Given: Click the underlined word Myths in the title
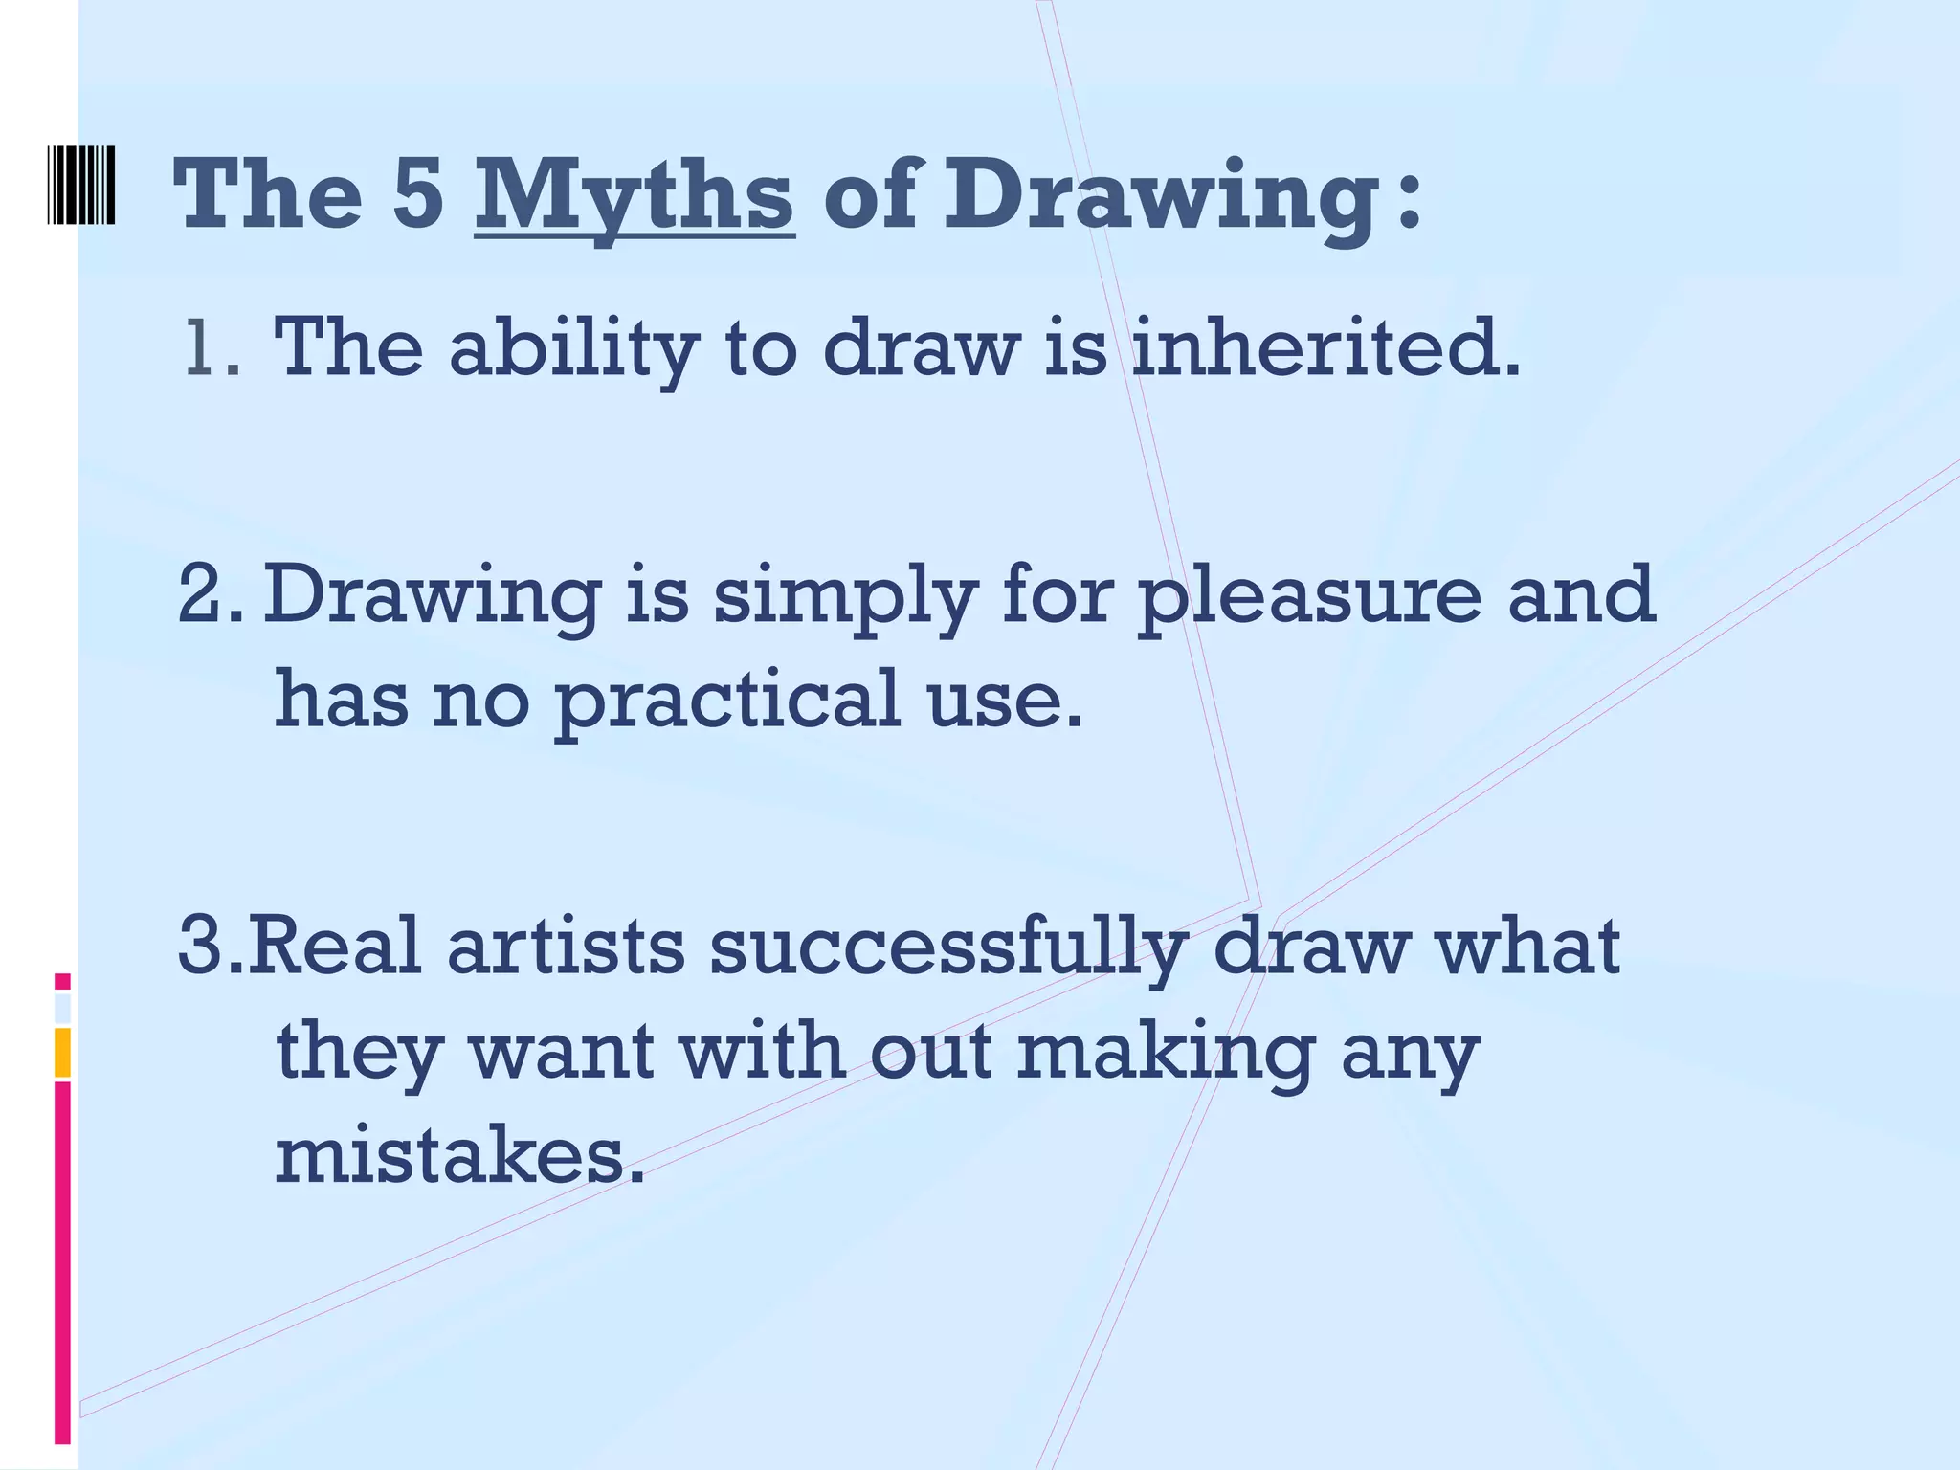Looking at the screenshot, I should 634,196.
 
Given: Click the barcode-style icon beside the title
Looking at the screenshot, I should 81,186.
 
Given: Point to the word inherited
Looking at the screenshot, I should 1325,346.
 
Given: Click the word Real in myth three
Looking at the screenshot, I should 334,946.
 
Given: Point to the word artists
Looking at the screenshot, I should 566,946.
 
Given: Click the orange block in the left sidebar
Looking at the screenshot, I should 62,1052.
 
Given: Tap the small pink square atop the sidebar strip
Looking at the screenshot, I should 62,981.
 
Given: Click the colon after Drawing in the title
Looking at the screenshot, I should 1408,203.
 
